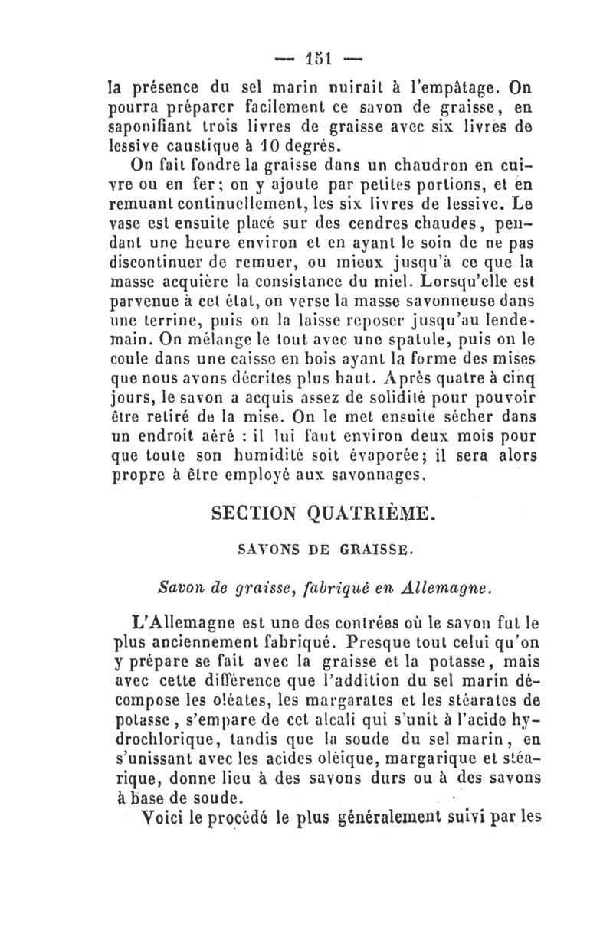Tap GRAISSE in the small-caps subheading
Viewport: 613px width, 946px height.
point(366,549)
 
